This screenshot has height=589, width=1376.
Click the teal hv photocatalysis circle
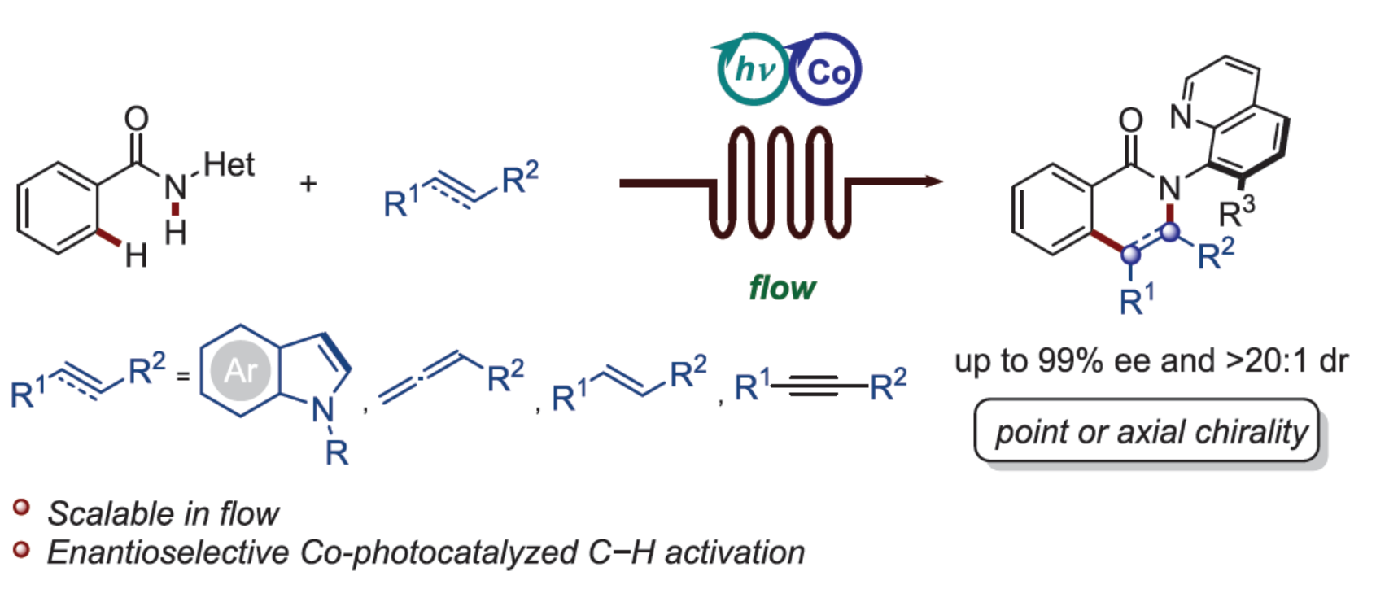[752, 70]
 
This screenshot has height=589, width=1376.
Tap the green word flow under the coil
[782, 288]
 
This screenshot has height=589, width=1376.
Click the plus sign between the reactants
[308, 184]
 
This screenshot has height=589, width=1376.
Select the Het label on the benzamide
[229, 165]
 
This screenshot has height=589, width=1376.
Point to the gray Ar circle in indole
[240, 371]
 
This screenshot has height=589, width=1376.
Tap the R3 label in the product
[1236, 212]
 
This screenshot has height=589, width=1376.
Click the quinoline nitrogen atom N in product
[1181, 117]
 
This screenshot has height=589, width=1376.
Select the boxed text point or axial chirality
[1150, 431]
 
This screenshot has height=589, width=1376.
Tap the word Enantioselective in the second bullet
[168, 552]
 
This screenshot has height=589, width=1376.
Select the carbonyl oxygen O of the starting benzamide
[137, 119]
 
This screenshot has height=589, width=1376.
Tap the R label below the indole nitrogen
[336, 452]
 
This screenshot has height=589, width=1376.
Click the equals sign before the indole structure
[183, 376]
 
